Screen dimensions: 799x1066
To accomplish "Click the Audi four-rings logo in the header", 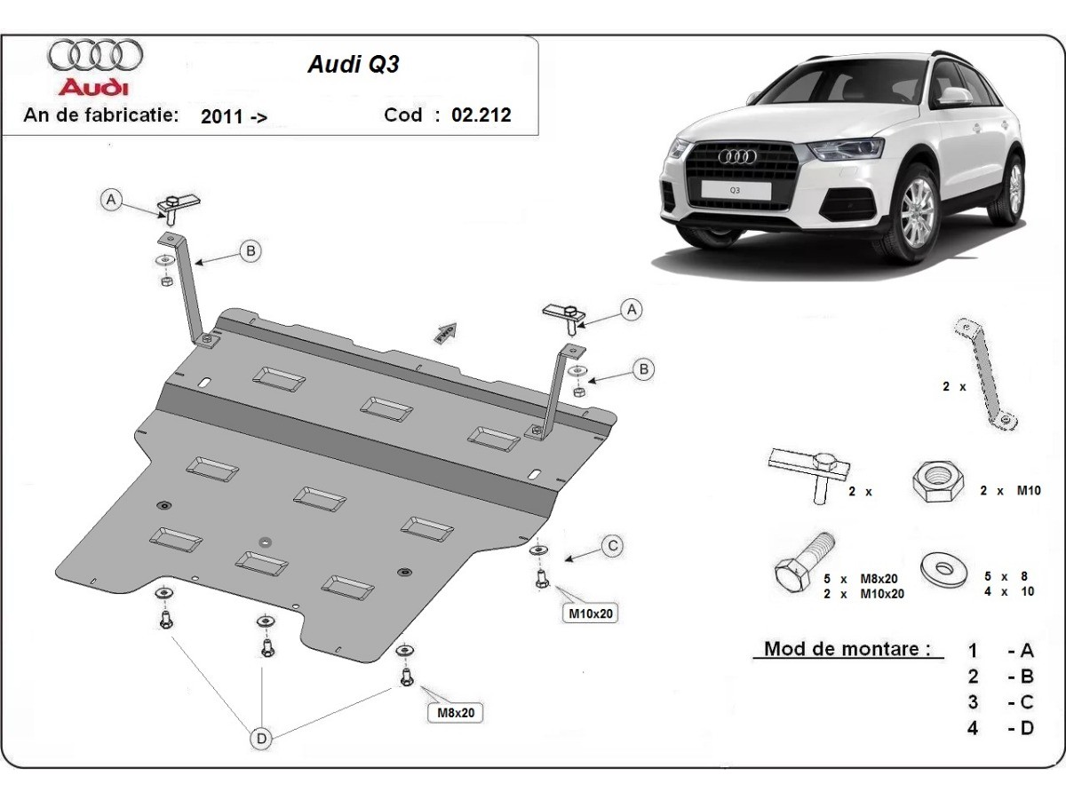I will (95, 55).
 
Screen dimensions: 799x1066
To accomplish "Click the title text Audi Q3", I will (353, 66).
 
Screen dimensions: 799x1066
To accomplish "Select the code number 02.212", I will (481, 115).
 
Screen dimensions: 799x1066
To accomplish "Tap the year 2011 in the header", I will (222, 116).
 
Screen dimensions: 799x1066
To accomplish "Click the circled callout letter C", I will (612, 547).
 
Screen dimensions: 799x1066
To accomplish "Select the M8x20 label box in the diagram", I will (455, 712).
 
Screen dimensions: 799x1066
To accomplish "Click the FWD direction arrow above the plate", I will (445, 332).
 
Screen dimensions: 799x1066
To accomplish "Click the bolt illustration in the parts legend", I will (805, 565).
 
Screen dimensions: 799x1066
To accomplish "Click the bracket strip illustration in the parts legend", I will (984, 373).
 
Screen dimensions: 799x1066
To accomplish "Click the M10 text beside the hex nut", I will (1028, 490).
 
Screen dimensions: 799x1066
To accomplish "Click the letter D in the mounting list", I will (1027, 729).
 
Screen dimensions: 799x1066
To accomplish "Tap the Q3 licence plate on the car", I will (736, 190).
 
